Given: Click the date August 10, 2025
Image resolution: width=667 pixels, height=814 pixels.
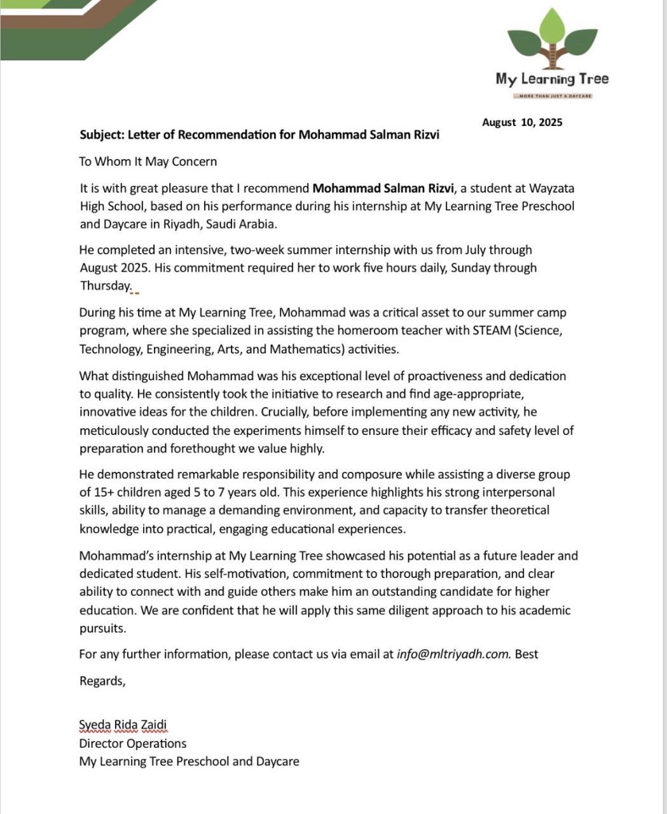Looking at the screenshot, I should pos(522,122).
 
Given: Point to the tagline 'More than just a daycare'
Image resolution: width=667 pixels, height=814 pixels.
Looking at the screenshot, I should pos(553,96).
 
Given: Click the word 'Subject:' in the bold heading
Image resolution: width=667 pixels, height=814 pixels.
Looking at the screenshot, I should pos(102,135).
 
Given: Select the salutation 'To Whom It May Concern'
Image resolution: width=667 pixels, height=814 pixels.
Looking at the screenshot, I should pos(148,162).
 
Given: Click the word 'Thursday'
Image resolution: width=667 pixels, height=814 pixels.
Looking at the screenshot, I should pos(105,286).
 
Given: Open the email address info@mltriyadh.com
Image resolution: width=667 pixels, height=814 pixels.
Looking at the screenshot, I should pos(453,654).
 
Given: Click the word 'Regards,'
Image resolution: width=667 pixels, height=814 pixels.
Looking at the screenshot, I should pos(102,681).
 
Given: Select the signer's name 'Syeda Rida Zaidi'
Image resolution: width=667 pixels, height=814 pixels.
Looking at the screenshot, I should pos(123,725).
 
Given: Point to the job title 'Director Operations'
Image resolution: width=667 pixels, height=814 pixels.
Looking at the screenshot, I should pos(133,743).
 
